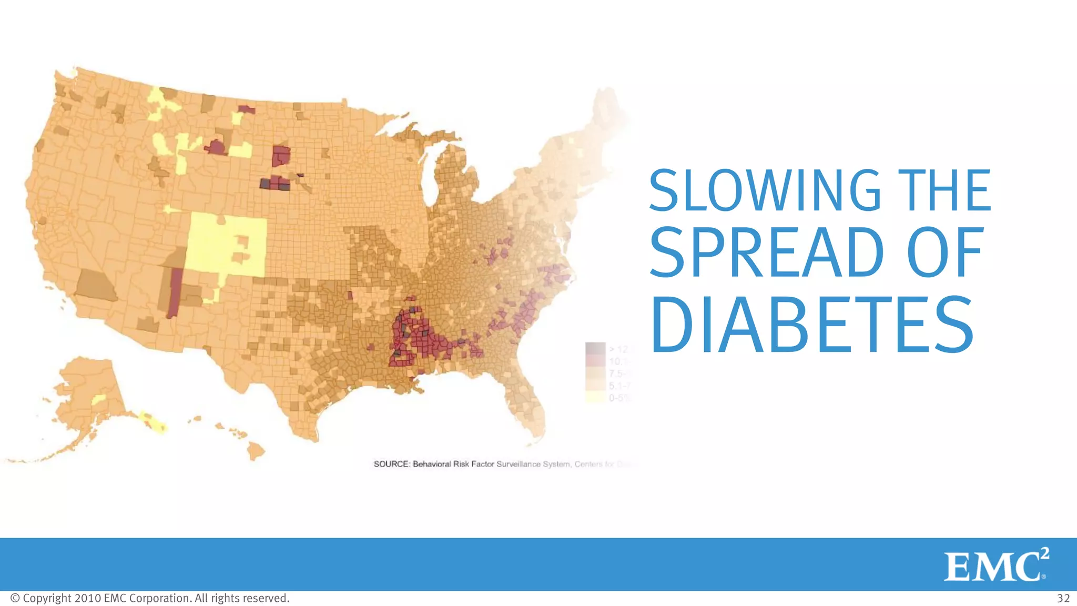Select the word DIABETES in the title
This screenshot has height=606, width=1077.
click(812, 326)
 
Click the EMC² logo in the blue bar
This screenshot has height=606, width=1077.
click(996, 564)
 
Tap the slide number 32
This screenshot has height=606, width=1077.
click(1063, 599)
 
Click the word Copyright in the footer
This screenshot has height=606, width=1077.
click(47, 599)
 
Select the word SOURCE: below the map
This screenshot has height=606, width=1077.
click(391, 464)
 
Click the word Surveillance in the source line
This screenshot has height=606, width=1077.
click(518, 464)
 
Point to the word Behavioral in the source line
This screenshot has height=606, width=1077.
click(431, 464)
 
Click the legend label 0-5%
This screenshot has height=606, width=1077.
click(618, 398)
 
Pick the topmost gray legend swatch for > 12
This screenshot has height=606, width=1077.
click(595, 348)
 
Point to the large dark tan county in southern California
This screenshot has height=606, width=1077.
click(96, 285)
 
